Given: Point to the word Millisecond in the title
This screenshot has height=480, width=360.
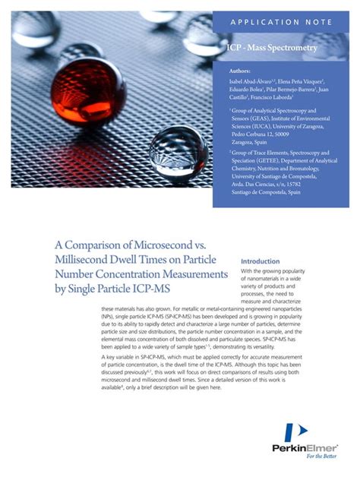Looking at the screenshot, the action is [x=86, y=263].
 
